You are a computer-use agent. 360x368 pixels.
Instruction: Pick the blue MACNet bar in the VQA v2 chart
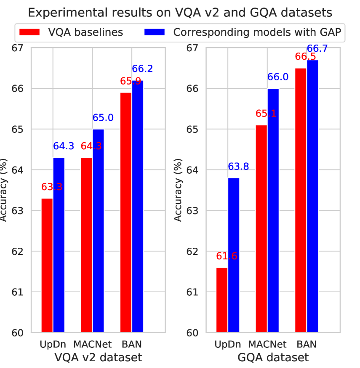click(x=98, y=231)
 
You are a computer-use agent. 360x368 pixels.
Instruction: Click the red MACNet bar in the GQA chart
click(x=261, y=229)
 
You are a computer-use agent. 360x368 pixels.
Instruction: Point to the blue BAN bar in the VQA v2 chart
click(x=138, y=207)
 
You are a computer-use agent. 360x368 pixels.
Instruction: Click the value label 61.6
click(x=227, y=256)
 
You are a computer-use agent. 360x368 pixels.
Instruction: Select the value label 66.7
click(x=317, y=48)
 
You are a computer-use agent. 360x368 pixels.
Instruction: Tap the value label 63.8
click(x=238, y=167)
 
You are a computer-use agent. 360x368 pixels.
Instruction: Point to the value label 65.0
click(x=103, y=118)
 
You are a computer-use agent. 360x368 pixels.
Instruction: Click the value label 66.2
click(x=143, y=68)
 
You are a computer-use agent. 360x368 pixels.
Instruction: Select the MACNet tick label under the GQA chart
click(x=268, y=344)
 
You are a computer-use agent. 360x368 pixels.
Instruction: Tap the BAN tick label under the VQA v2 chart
click(x=131, y=344)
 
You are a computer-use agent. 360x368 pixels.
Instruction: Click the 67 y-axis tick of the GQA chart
click(x=192, y=48)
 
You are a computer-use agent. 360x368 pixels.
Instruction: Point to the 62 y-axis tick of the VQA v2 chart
click(x=18, y=252)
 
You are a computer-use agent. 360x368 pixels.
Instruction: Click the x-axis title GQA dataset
click(x=272, y=358)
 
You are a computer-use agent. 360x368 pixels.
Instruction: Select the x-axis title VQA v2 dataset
click(x=98, y=358)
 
